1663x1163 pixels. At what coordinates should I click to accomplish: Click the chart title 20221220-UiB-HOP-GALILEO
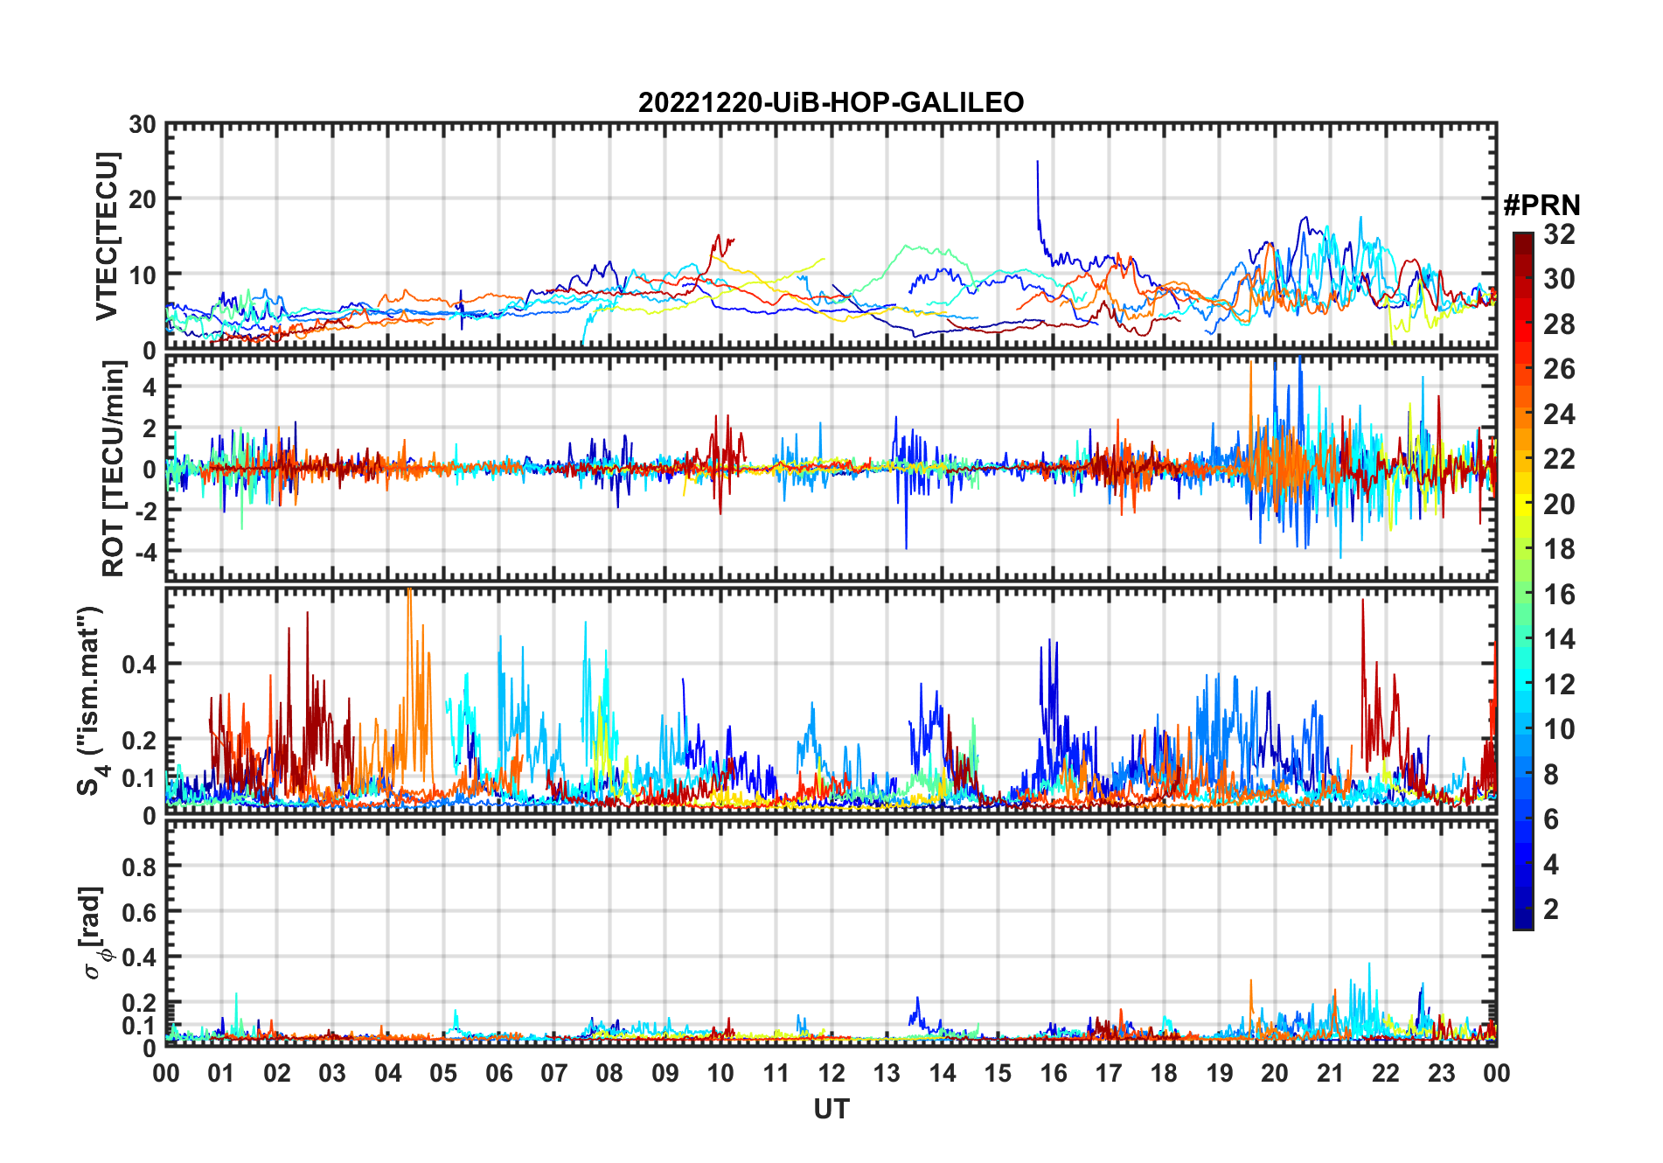[831, 103]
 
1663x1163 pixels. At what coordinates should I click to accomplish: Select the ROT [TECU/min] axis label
[113, 469]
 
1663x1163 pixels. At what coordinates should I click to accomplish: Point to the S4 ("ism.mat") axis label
[90, 701]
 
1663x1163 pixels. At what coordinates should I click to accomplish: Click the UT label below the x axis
[831, 1110]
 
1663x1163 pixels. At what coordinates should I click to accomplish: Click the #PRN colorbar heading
[1541, 205]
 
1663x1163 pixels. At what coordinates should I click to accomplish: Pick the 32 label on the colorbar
[1559, 234]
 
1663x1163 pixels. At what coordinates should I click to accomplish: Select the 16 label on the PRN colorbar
[1559, 595]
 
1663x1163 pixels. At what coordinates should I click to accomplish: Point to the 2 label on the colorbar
[1551, 909]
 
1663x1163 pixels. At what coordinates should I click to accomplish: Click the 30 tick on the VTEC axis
[143, 125]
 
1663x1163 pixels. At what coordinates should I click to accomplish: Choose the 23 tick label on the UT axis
[1441, 1073]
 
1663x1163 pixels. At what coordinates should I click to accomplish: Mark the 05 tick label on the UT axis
[443, 1073]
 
